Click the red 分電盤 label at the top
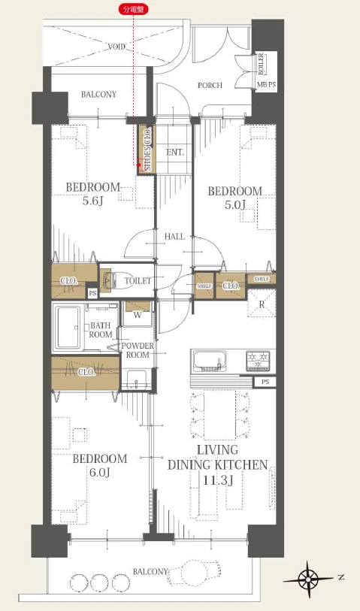(134, 10)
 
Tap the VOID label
(116, 47)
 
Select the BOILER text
(261, 64)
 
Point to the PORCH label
(210, 86)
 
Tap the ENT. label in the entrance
(175, 153)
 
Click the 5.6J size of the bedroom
(92, 201)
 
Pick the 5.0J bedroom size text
(235, 205)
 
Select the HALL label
(174, 237)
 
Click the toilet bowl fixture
(109, 280)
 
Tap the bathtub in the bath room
(68, 328)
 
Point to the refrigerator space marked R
(262, 303)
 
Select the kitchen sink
(210, 361)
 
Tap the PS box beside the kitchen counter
(265, 382)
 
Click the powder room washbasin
(135, 379)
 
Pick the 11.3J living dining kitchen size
(218, 480)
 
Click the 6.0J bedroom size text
(100, 473)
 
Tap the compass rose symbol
(308, 579)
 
